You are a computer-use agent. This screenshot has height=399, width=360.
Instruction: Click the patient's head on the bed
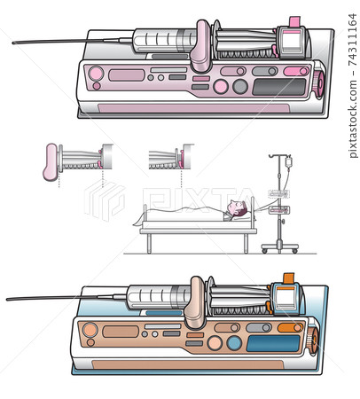235,209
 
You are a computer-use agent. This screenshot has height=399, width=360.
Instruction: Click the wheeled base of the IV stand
279,247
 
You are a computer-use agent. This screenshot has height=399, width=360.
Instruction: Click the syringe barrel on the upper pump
163,39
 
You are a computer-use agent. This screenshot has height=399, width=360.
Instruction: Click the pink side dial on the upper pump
317,84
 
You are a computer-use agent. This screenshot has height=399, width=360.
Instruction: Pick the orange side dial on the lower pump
311,340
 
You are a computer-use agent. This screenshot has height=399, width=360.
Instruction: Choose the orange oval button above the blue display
289,327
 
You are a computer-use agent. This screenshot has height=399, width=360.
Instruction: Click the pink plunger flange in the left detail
50,162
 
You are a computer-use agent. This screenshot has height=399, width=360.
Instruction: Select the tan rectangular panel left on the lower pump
121,332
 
